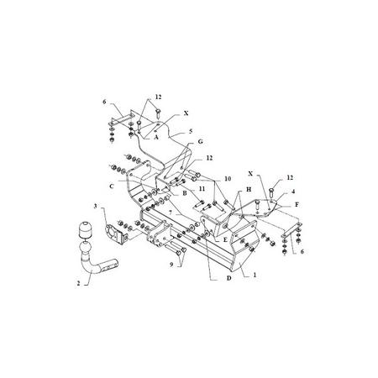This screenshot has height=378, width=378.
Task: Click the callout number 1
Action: (255, 275)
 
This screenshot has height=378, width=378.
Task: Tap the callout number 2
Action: (78, 283)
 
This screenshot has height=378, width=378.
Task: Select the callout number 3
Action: (95, 207)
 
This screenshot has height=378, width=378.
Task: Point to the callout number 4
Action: (293, 192)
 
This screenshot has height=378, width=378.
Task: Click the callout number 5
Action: (191, 131)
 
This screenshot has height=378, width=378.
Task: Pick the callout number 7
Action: (171, 214)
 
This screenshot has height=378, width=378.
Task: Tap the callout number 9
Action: (171, 265)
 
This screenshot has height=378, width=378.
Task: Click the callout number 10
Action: (228, 178)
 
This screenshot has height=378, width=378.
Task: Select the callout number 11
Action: (202, 189)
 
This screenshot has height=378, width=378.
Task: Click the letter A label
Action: (156, 137)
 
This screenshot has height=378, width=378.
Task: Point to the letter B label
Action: (185, 193)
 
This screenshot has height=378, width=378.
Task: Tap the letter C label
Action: (112, 186)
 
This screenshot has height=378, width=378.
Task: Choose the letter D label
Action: (228, 278)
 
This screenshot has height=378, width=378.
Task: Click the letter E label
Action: (225, 239)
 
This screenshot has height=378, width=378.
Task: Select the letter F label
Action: (297, 205)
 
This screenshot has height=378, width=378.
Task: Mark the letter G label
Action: (200, 142)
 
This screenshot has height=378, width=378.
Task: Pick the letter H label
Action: (249, 190)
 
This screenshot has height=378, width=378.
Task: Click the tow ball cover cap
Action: (85, 229)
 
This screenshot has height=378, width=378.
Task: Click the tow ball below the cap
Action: (86, 248)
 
